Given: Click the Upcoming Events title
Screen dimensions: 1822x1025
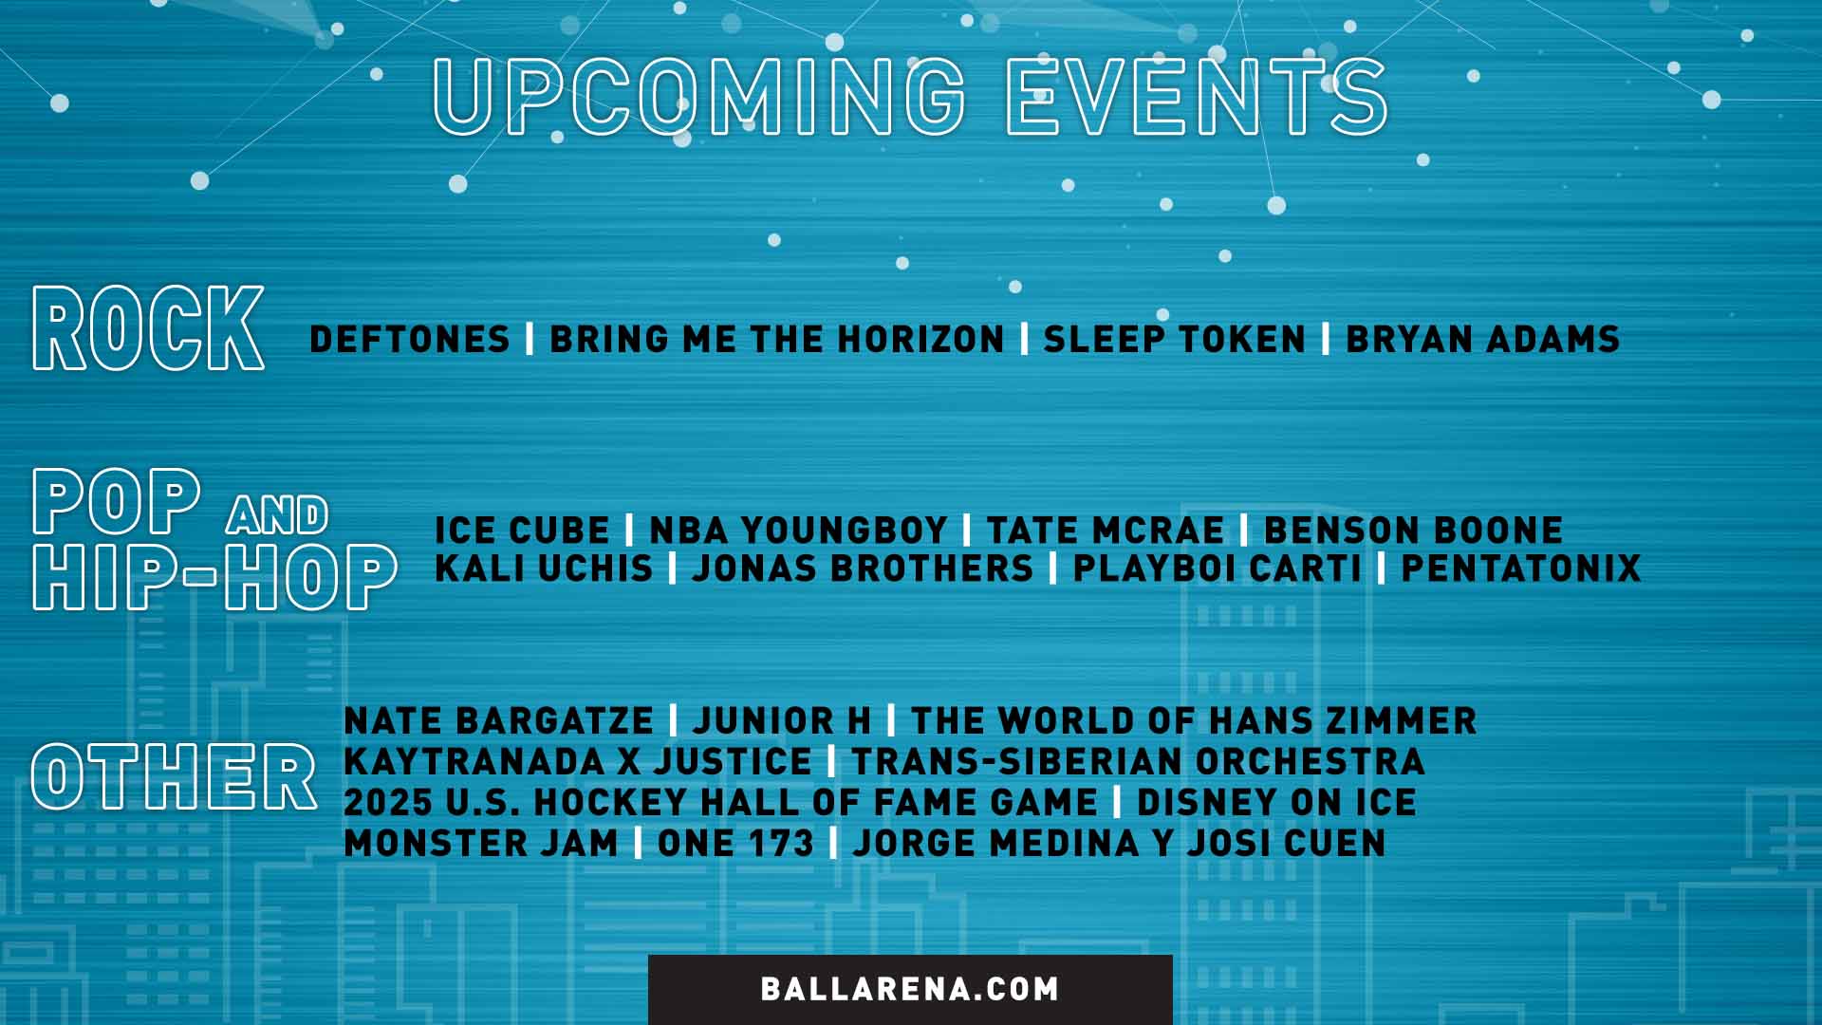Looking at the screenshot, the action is (910, 96).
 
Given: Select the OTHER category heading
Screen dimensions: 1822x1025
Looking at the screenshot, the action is (174, 777).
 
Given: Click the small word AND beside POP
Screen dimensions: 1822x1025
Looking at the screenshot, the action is (277, 515).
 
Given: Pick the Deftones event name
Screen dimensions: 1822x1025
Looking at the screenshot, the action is (410, 340).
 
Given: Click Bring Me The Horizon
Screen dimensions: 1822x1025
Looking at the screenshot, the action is (776, 340).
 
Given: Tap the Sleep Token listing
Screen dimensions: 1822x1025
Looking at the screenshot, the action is (1175, 340).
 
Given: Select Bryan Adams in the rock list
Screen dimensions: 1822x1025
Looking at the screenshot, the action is (1482, 340).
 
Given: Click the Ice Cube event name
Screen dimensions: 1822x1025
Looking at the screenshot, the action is (522, 531).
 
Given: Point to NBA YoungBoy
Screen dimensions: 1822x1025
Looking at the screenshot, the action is (798, 531).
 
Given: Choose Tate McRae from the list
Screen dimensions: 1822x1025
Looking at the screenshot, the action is (1106, 531).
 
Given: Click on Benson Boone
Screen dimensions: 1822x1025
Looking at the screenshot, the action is (1413, 531).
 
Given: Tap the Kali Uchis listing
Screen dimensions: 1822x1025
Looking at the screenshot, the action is (544, 568).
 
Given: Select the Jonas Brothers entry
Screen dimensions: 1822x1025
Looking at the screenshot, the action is (863, 568).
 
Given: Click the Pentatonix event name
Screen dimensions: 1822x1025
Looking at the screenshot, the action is (1521, 568).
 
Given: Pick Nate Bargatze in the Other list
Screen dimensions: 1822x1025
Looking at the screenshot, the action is (498, 721).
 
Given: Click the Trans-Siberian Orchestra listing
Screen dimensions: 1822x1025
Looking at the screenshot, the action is (1138, 762).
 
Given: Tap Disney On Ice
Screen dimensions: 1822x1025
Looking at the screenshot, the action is (1276, 803).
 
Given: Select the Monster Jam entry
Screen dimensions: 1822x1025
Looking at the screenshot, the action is (481, 844).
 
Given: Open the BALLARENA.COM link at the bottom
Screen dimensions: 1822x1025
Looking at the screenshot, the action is (910, 989).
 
